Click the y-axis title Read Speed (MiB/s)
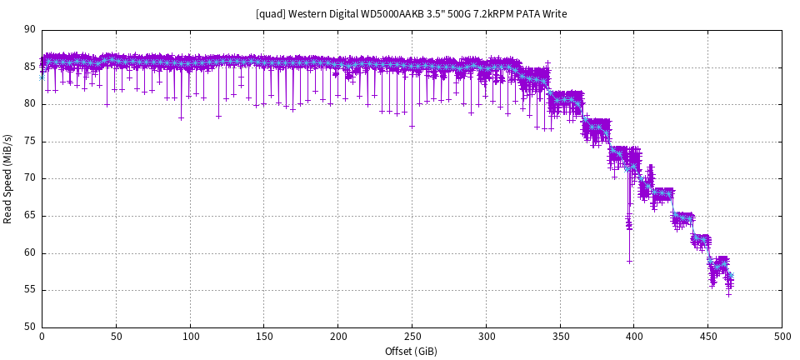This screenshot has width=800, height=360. (x=8, y=178)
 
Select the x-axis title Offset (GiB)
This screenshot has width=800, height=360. (x=411, y=351)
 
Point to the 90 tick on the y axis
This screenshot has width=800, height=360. (x=30, y=29)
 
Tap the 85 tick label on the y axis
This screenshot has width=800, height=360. (x=30, y=67)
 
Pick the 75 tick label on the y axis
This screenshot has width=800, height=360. (x=30, y=141)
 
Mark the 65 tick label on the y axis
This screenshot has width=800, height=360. (x=30, y=216)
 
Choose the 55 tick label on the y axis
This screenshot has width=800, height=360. (x=30, y=290)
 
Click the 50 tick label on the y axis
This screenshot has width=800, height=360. (x=30, y=327)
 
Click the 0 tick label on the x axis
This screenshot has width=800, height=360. (x=42, y=337)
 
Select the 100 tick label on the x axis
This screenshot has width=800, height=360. (x=190, y=337)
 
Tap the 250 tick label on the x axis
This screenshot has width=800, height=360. (x=412, y=337)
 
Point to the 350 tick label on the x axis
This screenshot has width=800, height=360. (x=560, y=337)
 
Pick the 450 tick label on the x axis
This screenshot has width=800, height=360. (x=708, y=337)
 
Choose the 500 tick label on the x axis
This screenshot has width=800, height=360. (x=782, y=337)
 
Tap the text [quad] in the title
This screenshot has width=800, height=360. (x=271, y=14)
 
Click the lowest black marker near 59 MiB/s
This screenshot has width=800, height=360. (x=630, y=261)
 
